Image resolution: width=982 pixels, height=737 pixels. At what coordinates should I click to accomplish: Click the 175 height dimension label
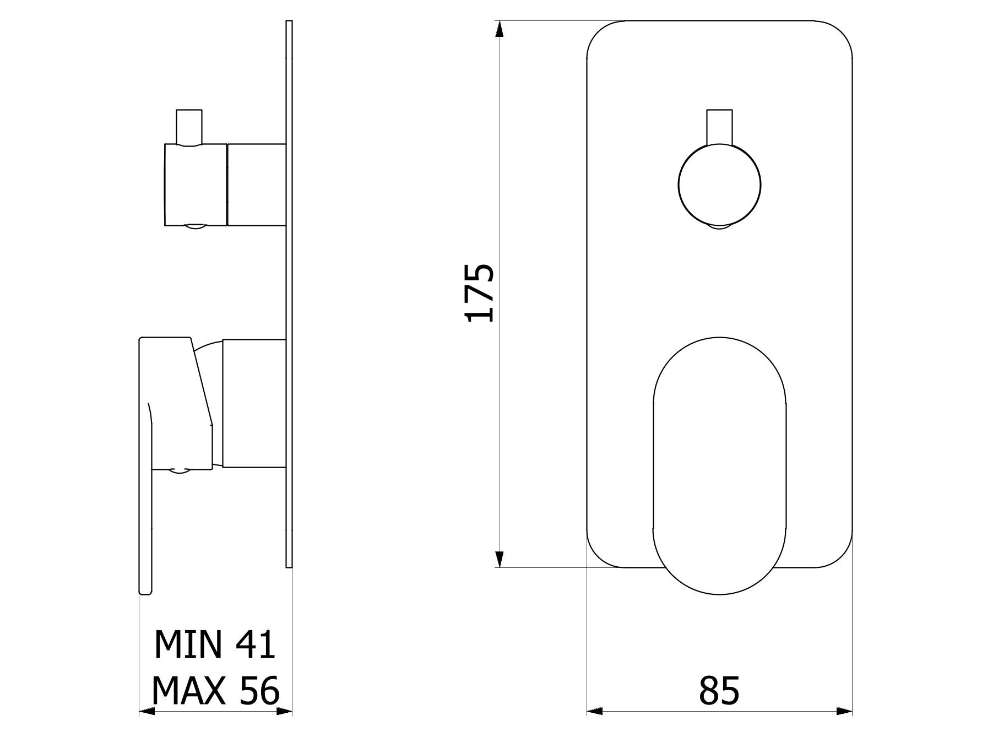(x=480, y=293)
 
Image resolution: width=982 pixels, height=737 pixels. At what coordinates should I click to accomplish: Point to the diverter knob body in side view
(x=196, y=185)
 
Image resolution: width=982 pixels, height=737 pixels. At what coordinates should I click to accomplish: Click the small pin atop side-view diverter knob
(x=188, y=126)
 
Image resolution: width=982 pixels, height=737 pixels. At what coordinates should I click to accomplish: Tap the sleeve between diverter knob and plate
(x=257, y=185)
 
